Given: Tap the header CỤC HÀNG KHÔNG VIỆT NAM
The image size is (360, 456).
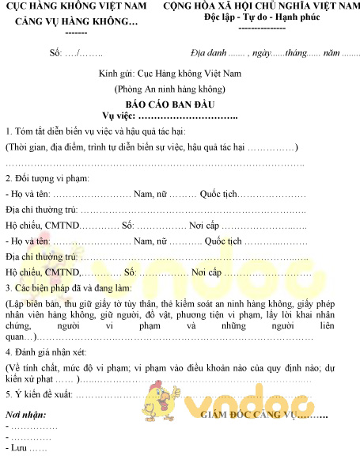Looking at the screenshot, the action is tap(77, 7).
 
